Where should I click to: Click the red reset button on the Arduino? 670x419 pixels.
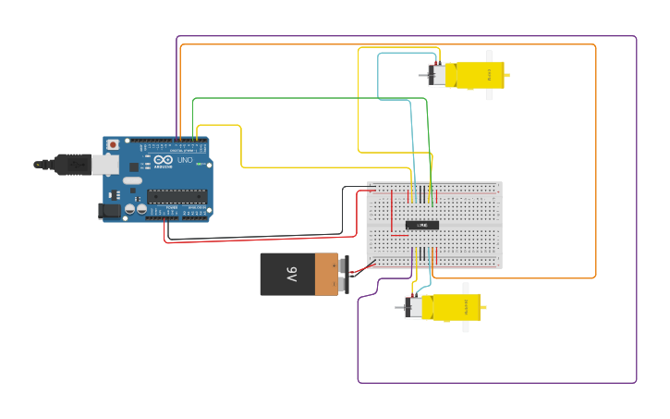[x=113, y=144]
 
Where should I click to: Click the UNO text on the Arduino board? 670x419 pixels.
[x=185, y=161]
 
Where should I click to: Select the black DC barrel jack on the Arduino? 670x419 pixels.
[x=109, y=211]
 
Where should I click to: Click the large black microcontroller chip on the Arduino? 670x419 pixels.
[x=177, y=195]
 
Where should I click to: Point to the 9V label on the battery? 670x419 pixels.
[x=291, y=274]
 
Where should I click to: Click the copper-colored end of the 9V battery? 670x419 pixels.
[x=326, y=274]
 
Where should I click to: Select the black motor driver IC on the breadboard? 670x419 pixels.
[x=422, y=225]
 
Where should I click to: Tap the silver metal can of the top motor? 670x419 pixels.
[x=437, y=74]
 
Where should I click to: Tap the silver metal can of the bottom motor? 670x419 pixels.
[x=414, y=307]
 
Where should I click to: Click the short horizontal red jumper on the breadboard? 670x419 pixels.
[x=399, y=235]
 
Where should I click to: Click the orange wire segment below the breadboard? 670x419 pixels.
[x=518, y=277]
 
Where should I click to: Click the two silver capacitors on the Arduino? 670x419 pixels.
[x=135, y=210]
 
